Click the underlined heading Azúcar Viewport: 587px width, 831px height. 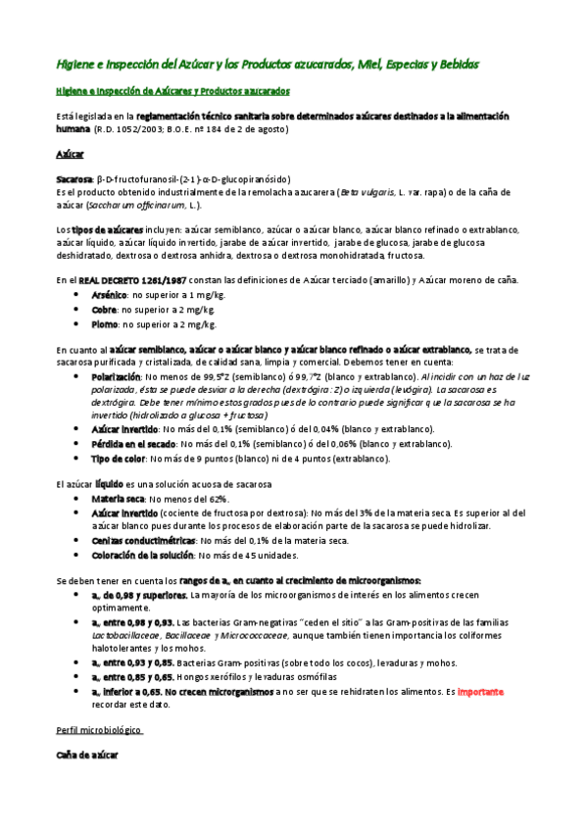(70, 155)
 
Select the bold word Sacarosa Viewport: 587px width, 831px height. (73, 179)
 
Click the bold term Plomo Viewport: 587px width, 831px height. (105, 323)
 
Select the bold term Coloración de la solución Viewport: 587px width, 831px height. (141, 555)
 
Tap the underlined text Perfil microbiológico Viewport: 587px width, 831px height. (99, 731)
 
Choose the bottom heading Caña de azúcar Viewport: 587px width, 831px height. (86, 757)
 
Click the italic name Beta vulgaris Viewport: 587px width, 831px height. (366, 193)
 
